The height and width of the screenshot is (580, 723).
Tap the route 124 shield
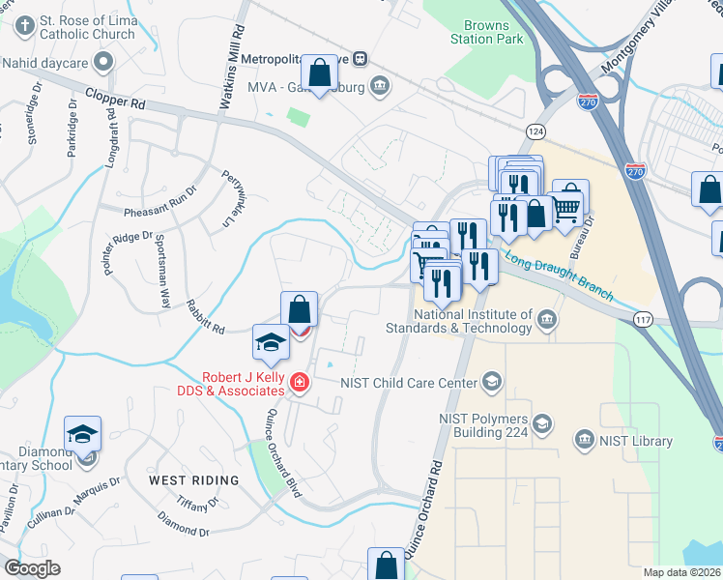coord(535,130)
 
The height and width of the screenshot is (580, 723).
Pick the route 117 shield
coord(642,318)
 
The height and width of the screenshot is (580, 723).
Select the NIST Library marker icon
coord(583,441)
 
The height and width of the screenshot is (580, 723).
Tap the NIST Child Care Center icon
coord(493,381)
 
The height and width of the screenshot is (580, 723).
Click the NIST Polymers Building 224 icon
coord(542,423)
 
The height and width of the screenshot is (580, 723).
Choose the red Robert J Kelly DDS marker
coord(300,386)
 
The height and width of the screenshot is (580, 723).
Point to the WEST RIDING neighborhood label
coord(193,479)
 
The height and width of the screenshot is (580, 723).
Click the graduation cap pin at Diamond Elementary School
coord(83,434)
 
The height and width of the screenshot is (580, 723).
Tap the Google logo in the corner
coord(32,568)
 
